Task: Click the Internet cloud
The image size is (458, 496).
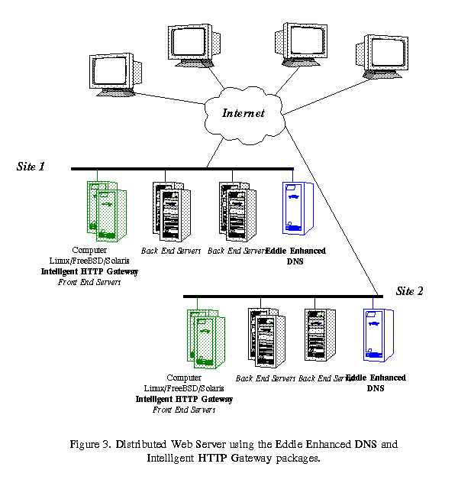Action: [x=242, y=113]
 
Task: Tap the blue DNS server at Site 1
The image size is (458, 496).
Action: [x=295, y=208]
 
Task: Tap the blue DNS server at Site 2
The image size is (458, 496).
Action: [x=376, y=333]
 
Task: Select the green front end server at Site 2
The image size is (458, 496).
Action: [x=202, y=336]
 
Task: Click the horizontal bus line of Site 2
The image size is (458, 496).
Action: [x=282, y=296]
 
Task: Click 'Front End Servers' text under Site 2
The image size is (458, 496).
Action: [x=184, y=410]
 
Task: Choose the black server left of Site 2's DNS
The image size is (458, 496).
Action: [x=321, y=334]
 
